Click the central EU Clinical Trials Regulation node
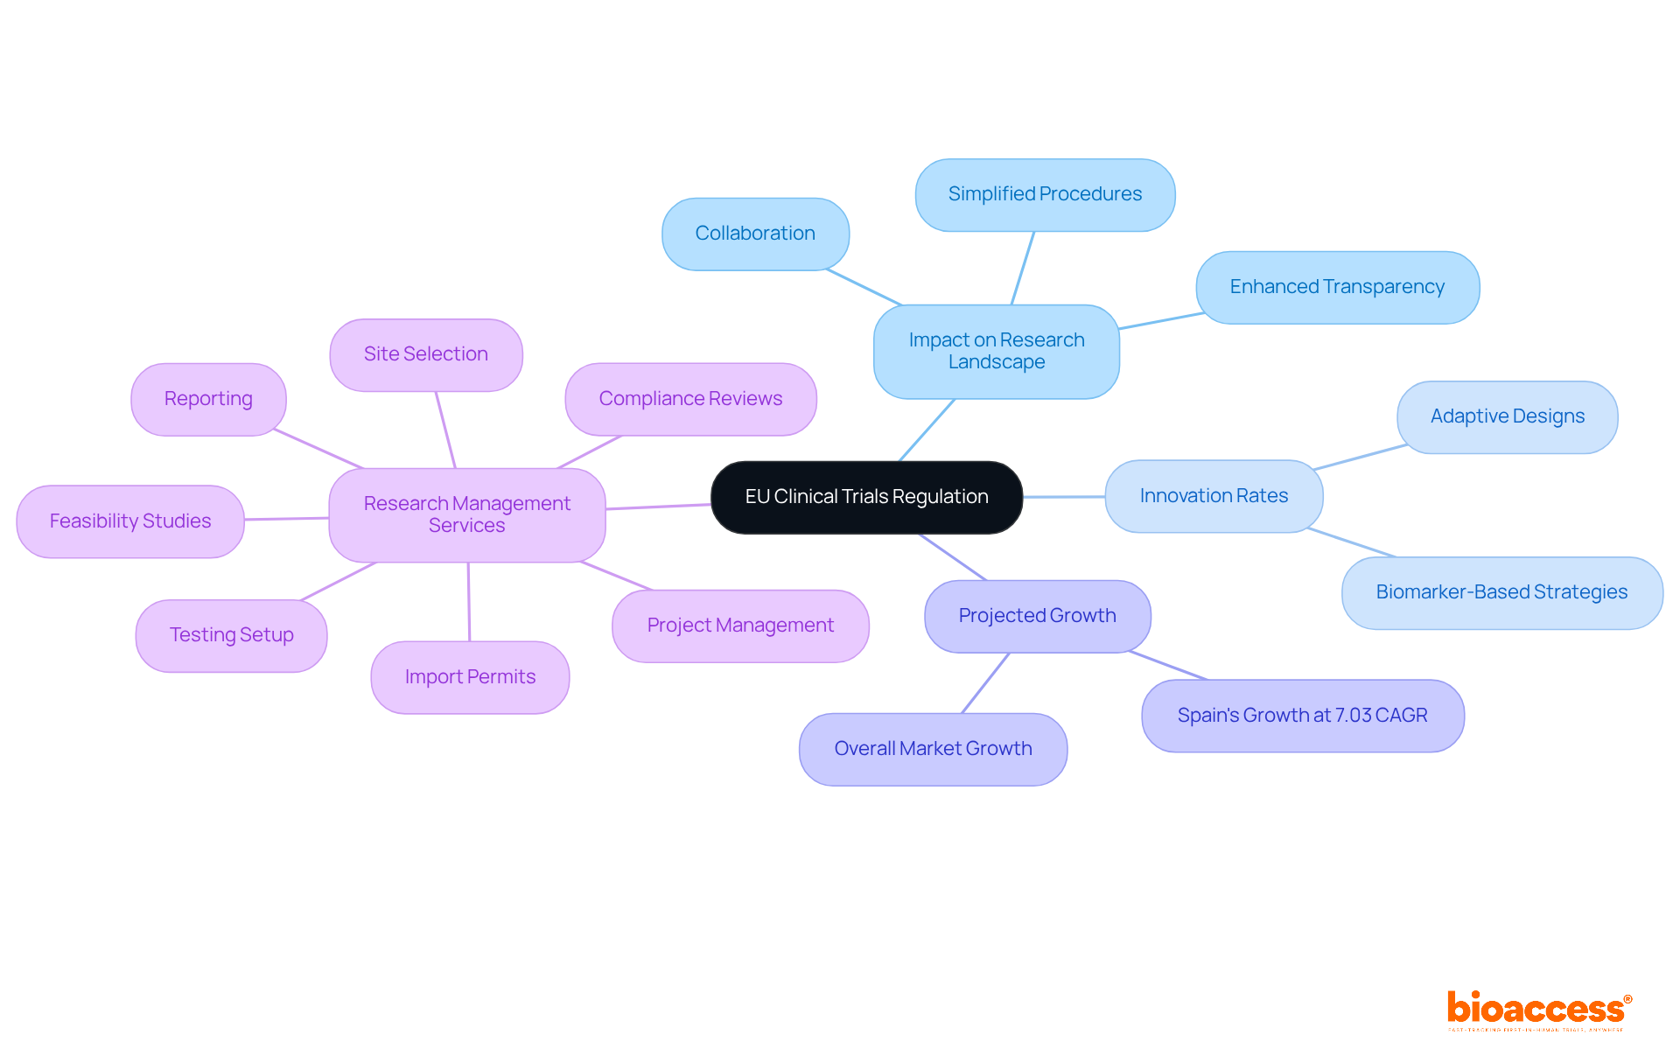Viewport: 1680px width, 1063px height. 866,497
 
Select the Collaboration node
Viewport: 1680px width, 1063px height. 755,234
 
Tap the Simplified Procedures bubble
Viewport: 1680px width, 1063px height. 1045,194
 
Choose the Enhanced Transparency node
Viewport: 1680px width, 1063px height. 1337,287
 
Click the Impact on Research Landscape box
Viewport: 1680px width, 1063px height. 996,351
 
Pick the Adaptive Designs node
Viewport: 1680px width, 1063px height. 1507,416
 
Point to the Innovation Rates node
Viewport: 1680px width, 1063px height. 1214,496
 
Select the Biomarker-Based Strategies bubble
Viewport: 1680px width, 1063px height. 1501,592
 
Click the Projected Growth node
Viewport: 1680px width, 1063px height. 1037,616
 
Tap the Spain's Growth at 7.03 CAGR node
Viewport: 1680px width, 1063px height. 1302,716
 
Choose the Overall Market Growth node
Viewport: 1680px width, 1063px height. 933,749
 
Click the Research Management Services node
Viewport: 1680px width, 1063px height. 466,514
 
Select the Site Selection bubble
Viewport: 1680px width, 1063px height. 426,354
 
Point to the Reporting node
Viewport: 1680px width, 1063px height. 208,399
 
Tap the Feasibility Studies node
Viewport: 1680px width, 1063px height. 130,521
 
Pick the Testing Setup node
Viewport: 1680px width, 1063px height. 231,635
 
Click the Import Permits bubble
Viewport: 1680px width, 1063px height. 470,677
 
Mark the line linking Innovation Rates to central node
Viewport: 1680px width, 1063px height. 1064,497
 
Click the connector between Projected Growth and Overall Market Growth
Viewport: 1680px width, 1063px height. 985,683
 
